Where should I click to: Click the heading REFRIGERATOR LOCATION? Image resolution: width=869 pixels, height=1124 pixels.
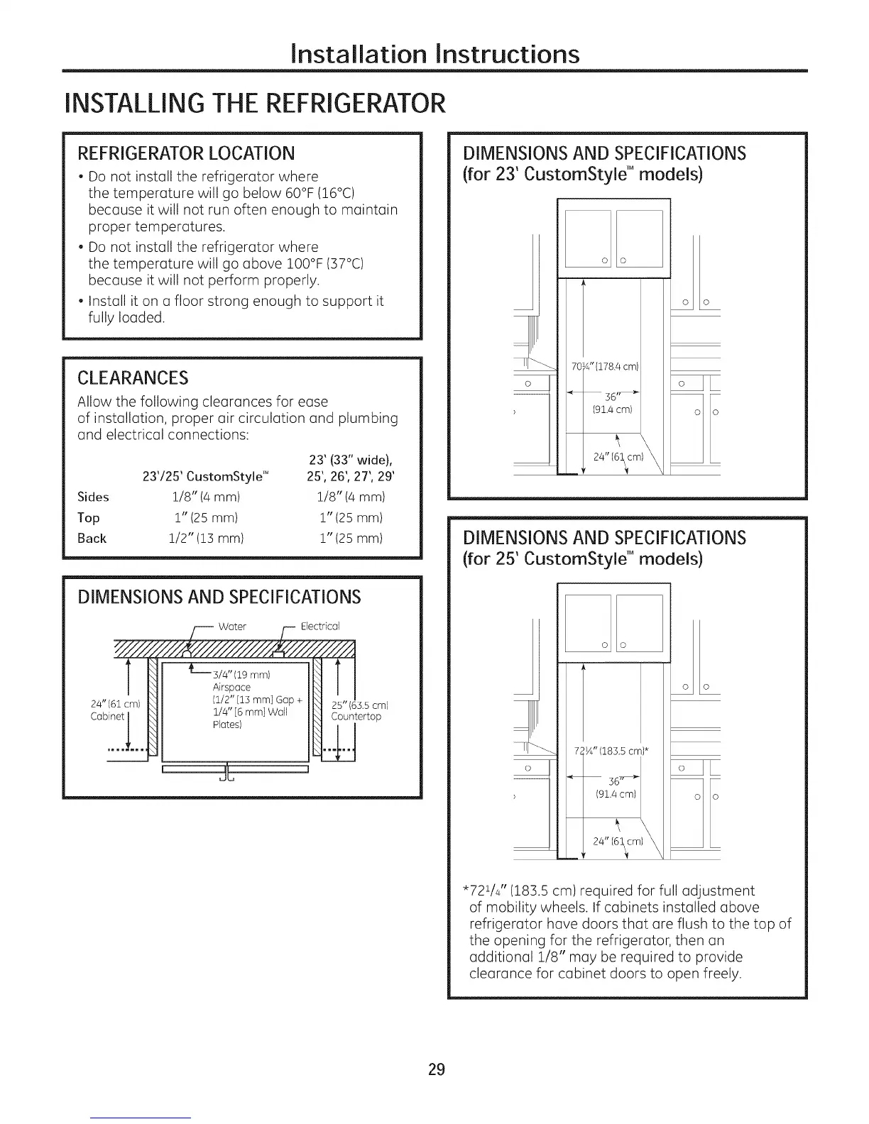point(185,153)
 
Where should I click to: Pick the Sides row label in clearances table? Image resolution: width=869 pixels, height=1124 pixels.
point(93,497)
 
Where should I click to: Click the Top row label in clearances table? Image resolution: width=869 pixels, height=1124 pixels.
point(89,518)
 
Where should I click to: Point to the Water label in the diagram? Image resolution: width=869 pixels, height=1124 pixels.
point(232,626)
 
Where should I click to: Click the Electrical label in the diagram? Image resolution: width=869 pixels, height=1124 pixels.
point(320,626)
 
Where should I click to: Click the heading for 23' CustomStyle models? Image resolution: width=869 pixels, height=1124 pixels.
point(582,174)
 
